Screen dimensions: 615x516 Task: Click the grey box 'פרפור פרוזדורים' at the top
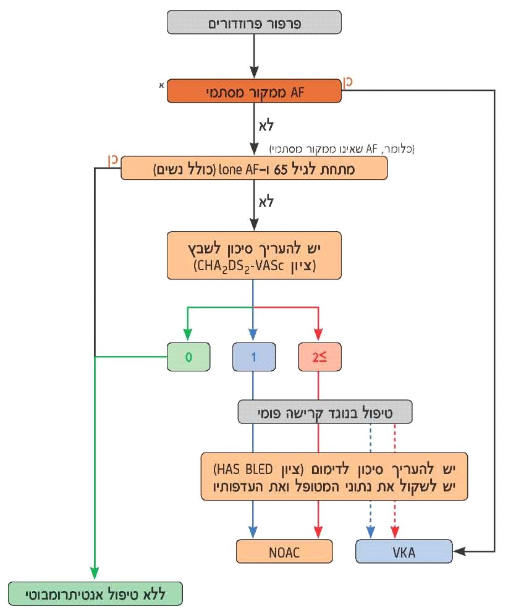pyautogui.click(x=253, y=23)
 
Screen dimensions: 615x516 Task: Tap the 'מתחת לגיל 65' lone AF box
pyautogui.click(x=253, y=168)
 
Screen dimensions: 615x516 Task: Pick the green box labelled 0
pyautogui.click(x=188, y=357)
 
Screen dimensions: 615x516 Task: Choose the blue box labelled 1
pyautogui.click(x=253, y=357)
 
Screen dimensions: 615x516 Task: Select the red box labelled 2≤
pyautogui.click(x=318, y=357)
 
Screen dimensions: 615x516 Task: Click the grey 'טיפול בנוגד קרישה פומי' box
pyautogui.click(x=325, y=412)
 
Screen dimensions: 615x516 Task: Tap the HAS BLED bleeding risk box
pyautogui.click(x=334, y=476)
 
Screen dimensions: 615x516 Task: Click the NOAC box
pyautogui.click(x=284, y=551)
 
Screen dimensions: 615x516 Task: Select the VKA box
pyautogui.click(x=404, y=551)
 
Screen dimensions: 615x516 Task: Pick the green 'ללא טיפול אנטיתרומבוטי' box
pyautogui.click(x=95, y=593)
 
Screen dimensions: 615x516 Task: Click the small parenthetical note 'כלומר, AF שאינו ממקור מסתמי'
pyautogui.click(x=342, y=148)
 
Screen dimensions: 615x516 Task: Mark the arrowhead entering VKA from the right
pyautogui.click(x=458, y=551)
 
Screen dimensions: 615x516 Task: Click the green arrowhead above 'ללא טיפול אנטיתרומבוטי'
pyautogui.click(x=95, y=574)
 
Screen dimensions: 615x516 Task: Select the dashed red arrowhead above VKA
pyautogui.click(x=395, y=532)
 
